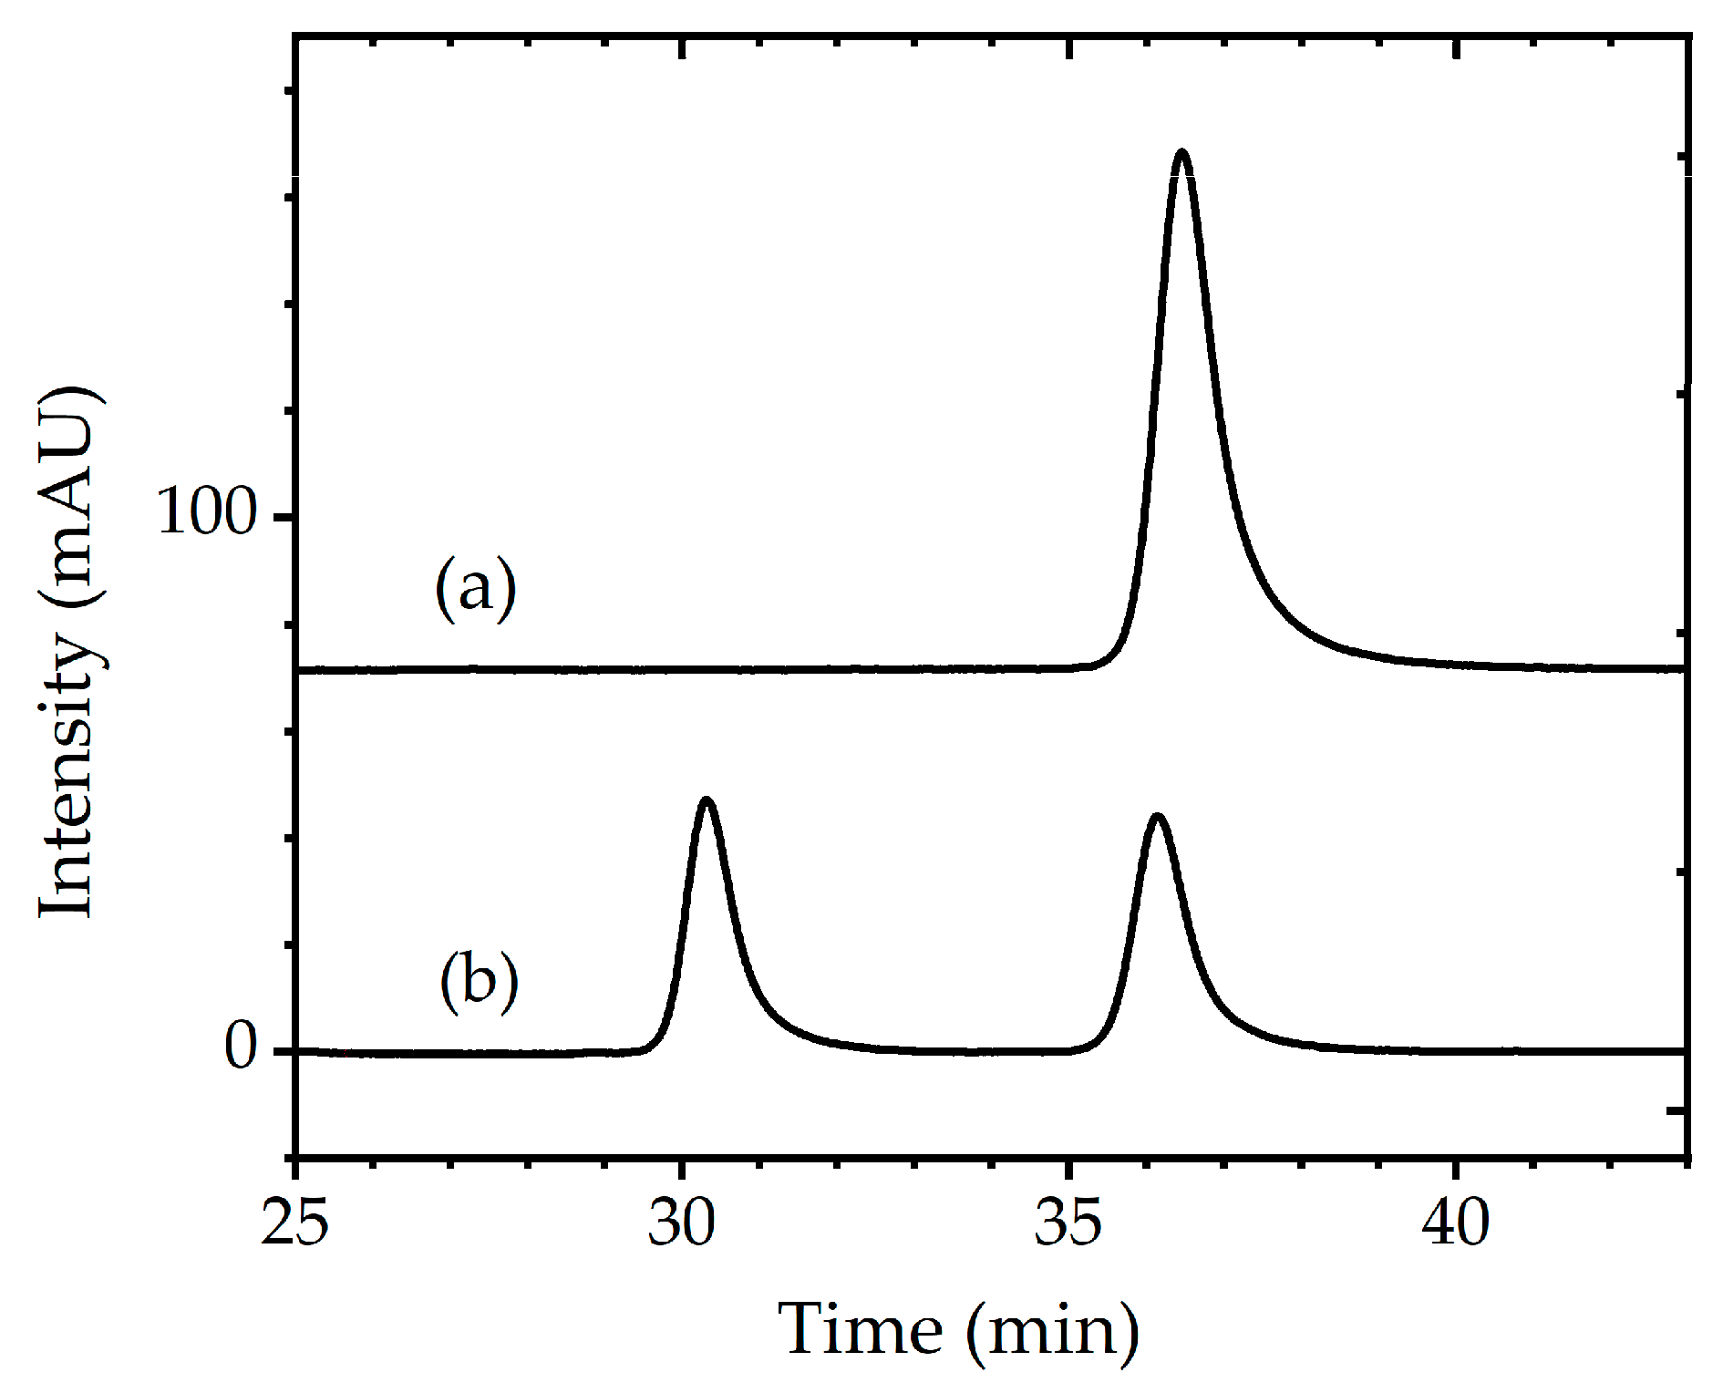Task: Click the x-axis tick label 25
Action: (x=294, y=1223)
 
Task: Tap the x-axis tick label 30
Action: (x=681, y=1223)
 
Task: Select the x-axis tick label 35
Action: (x=1068, y=1223)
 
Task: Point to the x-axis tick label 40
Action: (x=1455, y=1223)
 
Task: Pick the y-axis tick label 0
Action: (x=242, y=1047)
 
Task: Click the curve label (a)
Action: (x=475, y=588)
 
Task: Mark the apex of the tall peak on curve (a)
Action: (x=1182, y=152)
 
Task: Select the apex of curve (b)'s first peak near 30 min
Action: (x=706, y=800)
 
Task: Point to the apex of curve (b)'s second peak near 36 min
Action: (x=1157, y=817)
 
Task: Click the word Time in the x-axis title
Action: (x=861, y=1330)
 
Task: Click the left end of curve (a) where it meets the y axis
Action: (x=298, y=670)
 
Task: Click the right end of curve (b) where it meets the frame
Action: (x=1685, y=1051)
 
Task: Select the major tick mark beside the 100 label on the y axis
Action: (x=283, y=517)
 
